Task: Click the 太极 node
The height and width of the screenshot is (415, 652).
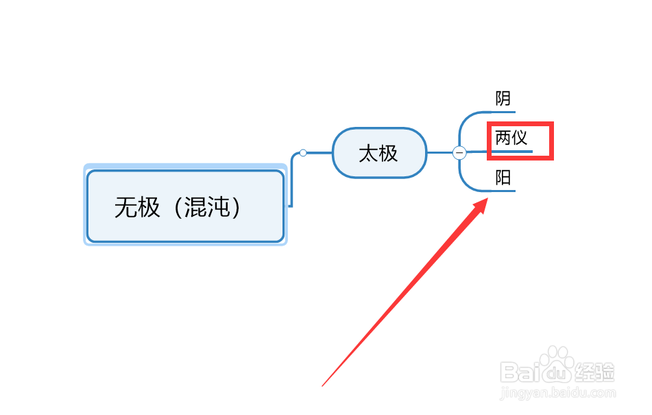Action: tap(379, 152)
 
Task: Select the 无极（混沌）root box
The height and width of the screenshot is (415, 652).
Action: tap(185, 206)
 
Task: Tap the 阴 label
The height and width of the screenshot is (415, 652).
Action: tap(503, 99)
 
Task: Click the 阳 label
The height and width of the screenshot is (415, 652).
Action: tap(503, 178)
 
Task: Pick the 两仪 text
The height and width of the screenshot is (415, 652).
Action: tap(511, 137)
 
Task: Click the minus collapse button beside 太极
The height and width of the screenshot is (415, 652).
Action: tap(459, 153)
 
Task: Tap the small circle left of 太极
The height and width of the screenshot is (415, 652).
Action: tap(303, 153)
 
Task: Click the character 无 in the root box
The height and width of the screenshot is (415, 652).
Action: tap(127, 206)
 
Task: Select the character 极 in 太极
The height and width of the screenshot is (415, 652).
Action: tap(389, 152)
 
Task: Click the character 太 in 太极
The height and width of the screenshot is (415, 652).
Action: tap(369, 152)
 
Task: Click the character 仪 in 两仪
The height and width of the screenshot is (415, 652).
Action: tap(520, 137)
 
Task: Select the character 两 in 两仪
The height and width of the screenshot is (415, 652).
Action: tap(504, 137)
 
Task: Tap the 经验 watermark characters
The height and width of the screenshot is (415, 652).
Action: tap(595, 372)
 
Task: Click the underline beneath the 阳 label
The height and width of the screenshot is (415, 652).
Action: tap(503, 191)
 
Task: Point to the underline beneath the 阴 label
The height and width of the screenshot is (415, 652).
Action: tap(503, 111)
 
